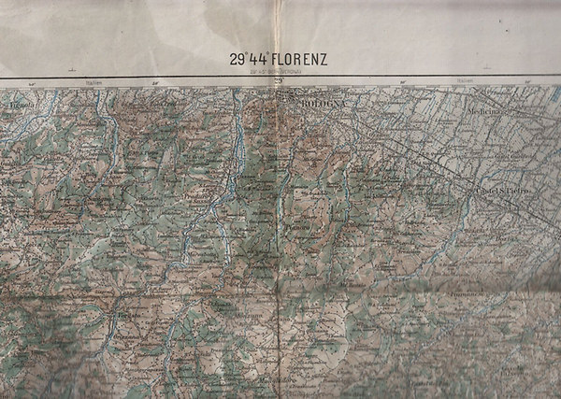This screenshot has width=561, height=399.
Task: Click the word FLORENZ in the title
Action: [x=296, y=60]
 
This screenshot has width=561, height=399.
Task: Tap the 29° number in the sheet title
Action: [x=238, y=60]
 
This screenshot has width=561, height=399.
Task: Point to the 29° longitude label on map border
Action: [x=278, y=82]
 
